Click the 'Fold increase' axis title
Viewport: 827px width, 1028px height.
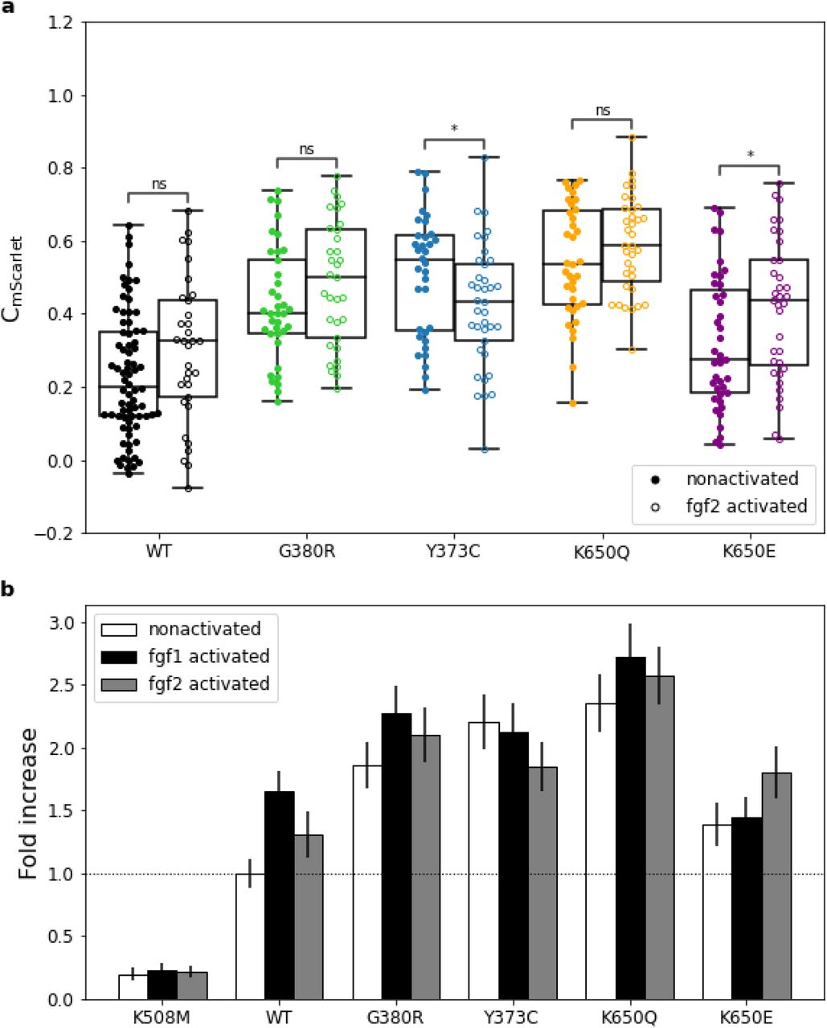click(x=29, y=803)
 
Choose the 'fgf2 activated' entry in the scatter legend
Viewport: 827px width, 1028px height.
click(x=746, y=506)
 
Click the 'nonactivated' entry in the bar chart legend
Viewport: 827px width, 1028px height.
click(x=204, y=629)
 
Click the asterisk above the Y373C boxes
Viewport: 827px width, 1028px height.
click(x=454, y=129)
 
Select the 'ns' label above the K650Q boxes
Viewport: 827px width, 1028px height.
click(x=602, y=111)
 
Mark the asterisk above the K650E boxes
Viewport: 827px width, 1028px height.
click(x=750, y=154)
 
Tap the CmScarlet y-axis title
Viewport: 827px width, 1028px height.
click(x=24, y=278)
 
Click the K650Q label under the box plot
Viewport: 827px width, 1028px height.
click(x=602, y=553)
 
